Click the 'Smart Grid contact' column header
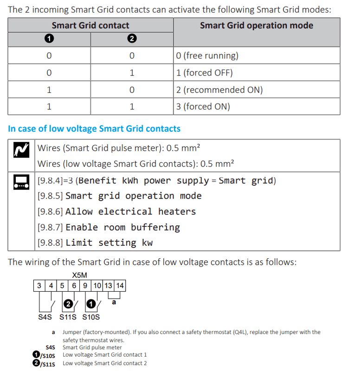coord(90,26)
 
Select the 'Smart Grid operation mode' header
coord(256,26)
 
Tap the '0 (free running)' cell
coord(207,56)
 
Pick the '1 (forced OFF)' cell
coord(204,73)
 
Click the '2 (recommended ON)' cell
coord(219,90)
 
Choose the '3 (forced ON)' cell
coord(203,107)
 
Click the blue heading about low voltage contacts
coord(94,128)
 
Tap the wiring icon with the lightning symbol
coord(22,149)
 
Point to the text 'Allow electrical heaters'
coord(131,212)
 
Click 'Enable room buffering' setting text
coord(122,227)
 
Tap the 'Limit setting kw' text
coord(109,243)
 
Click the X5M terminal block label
coord(79,275)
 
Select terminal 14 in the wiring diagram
coord(120,286)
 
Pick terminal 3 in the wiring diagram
coord(40,286)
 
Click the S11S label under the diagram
coord(68,318)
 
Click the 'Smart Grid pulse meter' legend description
coord(92,347)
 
